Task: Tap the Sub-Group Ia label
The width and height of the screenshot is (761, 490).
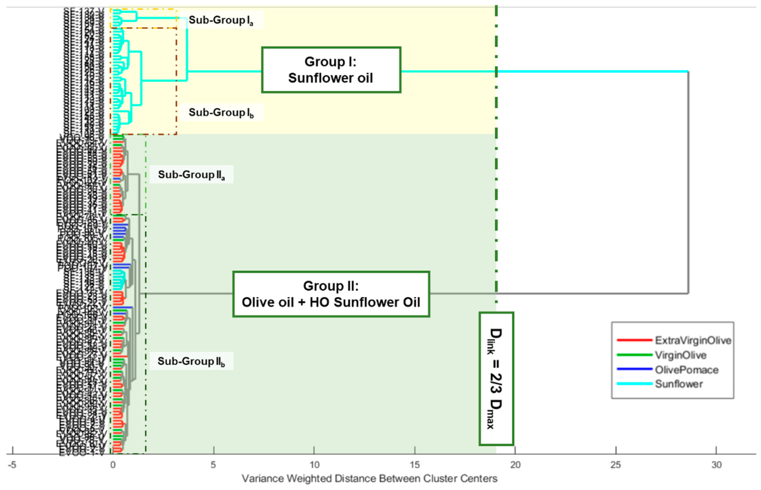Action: point(221,20)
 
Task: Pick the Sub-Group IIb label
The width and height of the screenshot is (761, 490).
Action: point(191,361)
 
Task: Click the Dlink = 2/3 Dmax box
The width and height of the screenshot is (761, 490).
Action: point(496,379)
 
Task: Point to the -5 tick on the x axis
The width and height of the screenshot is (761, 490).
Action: point(12,465)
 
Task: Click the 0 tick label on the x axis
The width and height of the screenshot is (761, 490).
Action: point(113,465)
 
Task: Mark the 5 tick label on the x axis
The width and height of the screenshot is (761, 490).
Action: point(213,465)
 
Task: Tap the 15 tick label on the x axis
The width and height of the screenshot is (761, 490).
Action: point(415,465)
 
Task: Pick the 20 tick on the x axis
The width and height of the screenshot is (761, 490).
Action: point(515,465)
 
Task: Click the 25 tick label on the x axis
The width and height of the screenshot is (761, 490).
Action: point(616,465)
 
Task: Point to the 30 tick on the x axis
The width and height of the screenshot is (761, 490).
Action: point(716,465)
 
